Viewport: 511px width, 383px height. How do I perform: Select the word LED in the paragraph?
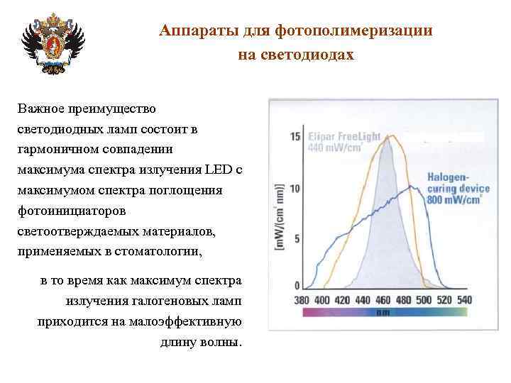click(x=219, y=170)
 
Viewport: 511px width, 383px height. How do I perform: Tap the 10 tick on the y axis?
click(x=295, y=189)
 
